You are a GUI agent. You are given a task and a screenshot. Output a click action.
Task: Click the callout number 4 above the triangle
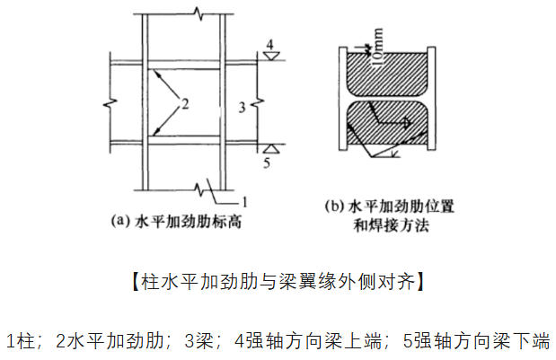[x=270, y=45]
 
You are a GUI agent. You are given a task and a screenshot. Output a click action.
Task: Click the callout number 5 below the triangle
[x=267, y=162]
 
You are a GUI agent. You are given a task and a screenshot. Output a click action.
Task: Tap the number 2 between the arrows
[x=185, y=104]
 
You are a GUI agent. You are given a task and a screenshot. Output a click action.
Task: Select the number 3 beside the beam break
[x=243, y=108]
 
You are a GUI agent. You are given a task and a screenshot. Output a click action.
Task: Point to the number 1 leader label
[x=244, y=202]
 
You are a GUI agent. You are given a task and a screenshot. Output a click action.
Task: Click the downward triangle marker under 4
[x=271, y=56]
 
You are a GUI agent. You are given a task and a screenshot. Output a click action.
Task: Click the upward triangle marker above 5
[x=271, y=148]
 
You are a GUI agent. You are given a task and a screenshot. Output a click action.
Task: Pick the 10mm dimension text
[x=377, y=47]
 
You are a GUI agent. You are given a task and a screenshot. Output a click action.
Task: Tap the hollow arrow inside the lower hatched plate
[x=390, y=117]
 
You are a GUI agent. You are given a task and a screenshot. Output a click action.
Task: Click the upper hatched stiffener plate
[x=387, y=75]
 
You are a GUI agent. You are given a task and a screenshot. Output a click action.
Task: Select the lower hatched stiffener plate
[x=387, y=123]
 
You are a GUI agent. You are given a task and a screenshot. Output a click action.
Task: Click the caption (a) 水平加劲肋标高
[x=176, y=222]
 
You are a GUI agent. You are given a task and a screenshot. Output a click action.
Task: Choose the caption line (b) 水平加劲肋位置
[x=389, y=206]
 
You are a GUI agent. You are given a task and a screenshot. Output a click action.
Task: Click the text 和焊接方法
[x=391, y=225]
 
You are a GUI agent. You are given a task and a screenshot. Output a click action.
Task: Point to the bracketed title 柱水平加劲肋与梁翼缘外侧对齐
[x=278, y=282]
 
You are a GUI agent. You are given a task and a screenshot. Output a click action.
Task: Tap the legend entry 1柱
[x=21, y=340]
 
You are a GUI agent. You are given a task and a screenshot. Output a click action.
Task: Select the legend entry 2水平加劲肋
[x=110, y=340]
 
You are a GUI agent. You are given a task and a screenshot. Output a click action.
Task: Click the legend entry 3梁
[x=199, y=340]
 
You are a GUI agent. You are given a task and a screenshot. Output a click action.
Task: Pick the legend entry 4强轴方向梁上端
[x=308, y=340]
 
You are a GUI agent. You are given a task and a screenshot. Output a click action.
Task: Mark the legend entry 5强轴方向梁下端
[x=477, y=340]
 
